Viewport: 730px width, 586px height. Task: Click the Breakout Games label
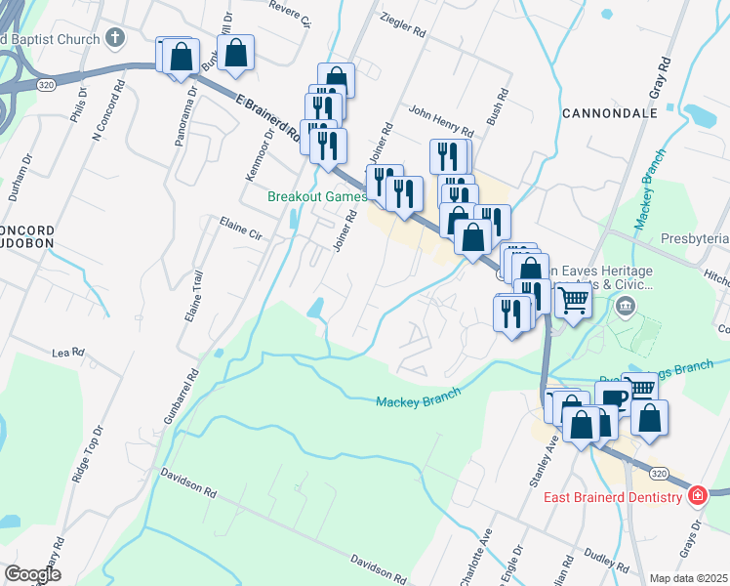(x=317, y=196)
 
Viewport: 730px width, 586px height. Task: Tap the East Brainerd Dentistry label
(x=612, y=498)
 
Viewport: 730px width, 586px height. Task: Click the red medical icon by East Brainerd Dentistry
(x=697, y=496)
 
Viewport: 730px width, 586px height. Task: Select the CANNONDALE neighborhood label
(x=610, y=113)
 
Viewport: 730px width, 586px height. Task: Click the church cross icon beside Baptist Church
(x=115, y=39)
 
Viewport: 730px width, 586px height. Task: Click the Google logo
(x=33, y=574)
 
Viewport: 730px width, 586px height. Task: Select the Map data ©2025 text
(x=688, y=578)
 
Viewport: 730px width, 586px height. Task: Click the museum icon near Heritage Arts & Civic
(x=626, y=308)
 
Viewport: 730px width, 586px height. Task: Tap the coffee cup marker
(x=614, y=398)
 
